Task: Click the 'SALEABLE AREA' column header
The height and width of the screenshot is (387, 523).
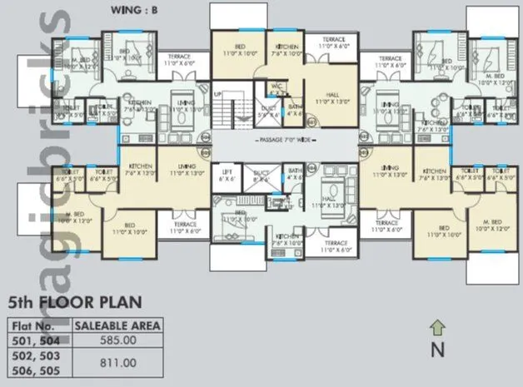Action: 117,325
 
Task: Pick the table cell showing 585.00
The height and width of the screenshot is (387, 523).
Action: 117,340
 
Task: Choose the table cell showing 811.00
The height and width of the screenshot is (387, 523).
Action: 117,362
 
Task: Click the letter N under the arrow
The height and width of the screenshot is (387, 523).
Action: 436,350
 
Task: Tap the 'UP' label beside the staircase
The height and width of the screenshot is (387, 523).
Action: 219,94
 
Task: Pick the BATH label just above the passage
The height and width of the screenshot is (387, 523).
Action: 296,107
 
